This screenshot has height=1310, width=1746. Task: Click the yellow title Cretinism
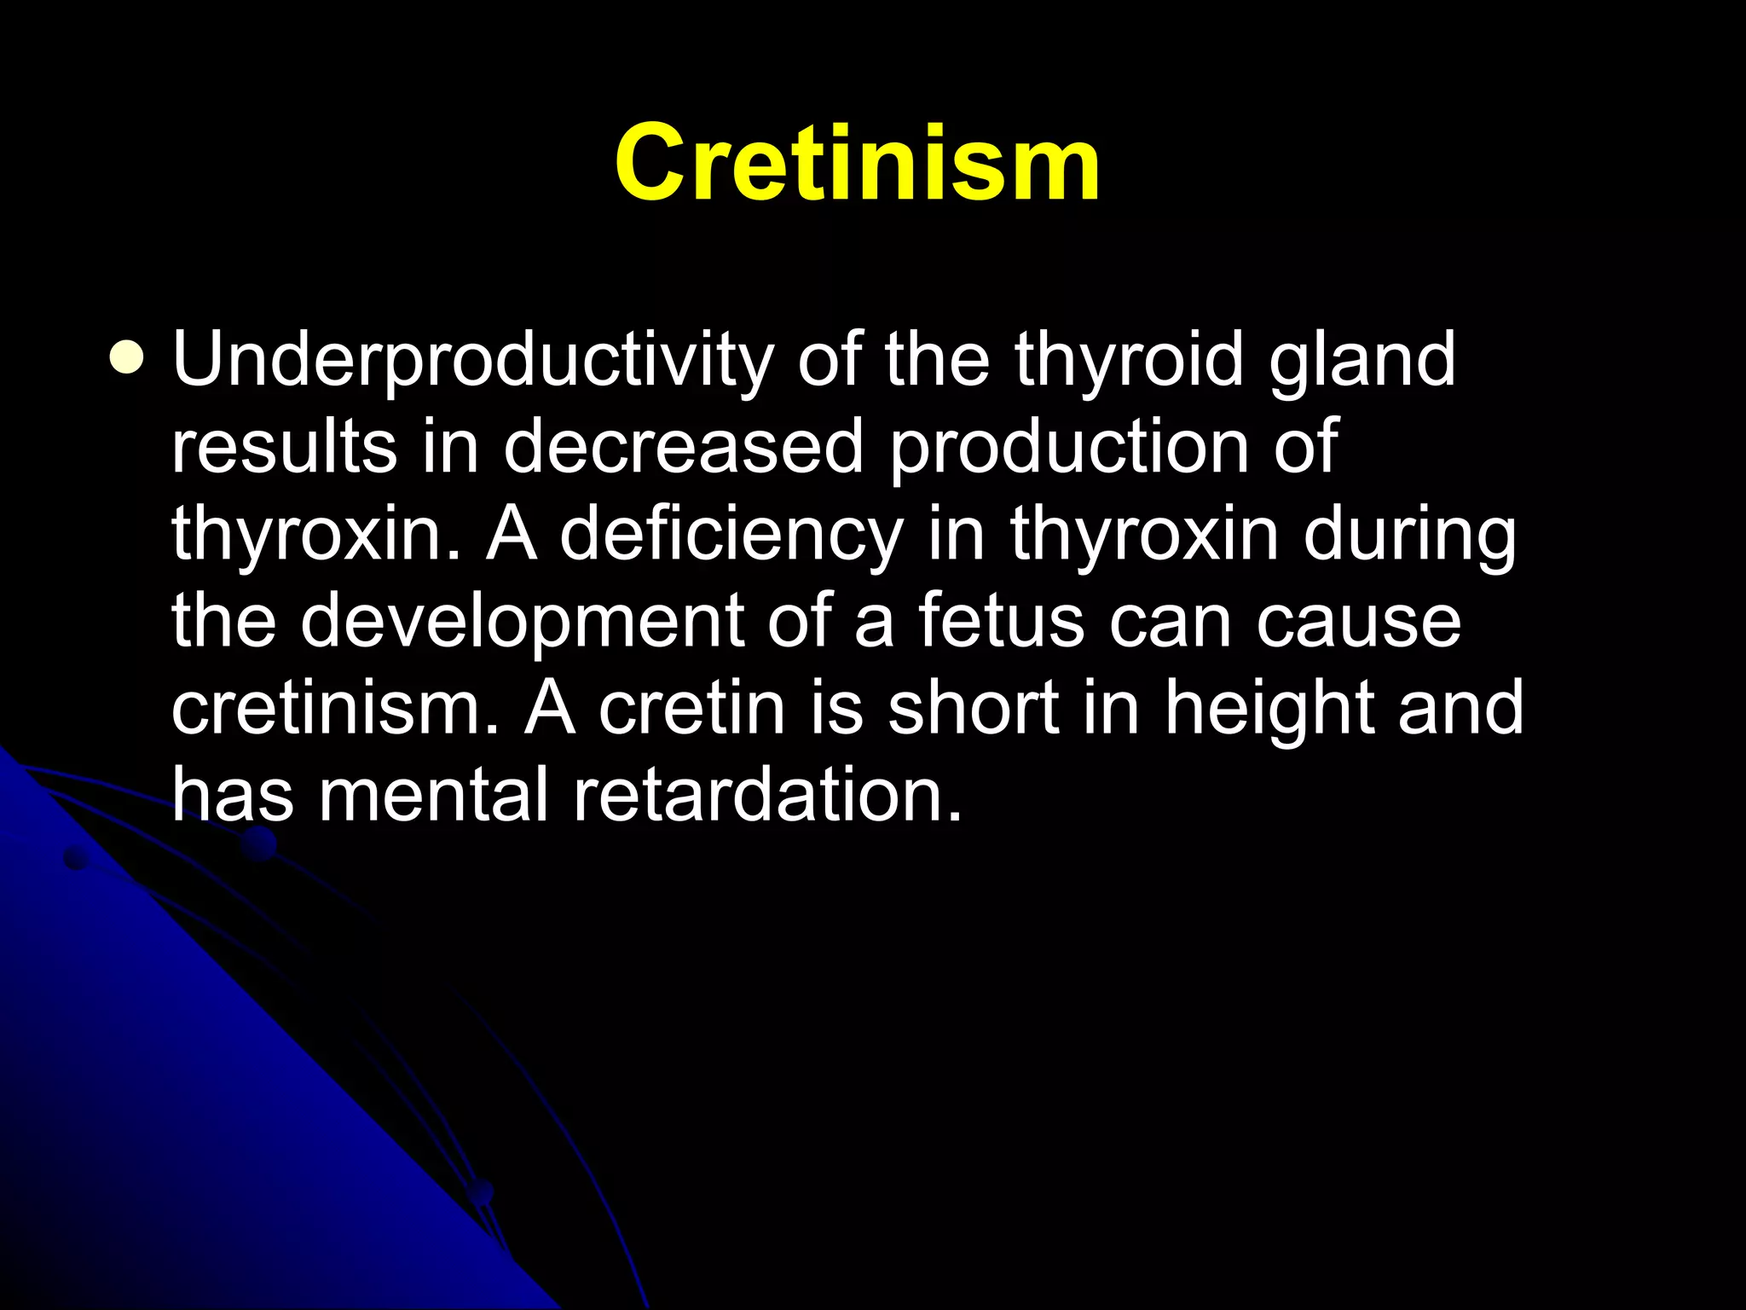(x=857, y=162)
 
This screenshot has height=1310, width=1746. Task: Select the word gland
(x=1362, y=362)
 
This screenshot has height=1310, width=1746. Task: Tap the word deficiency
(x=731, y=536)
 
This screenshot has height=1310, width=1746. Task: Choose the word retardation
(x=767, y=795)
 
